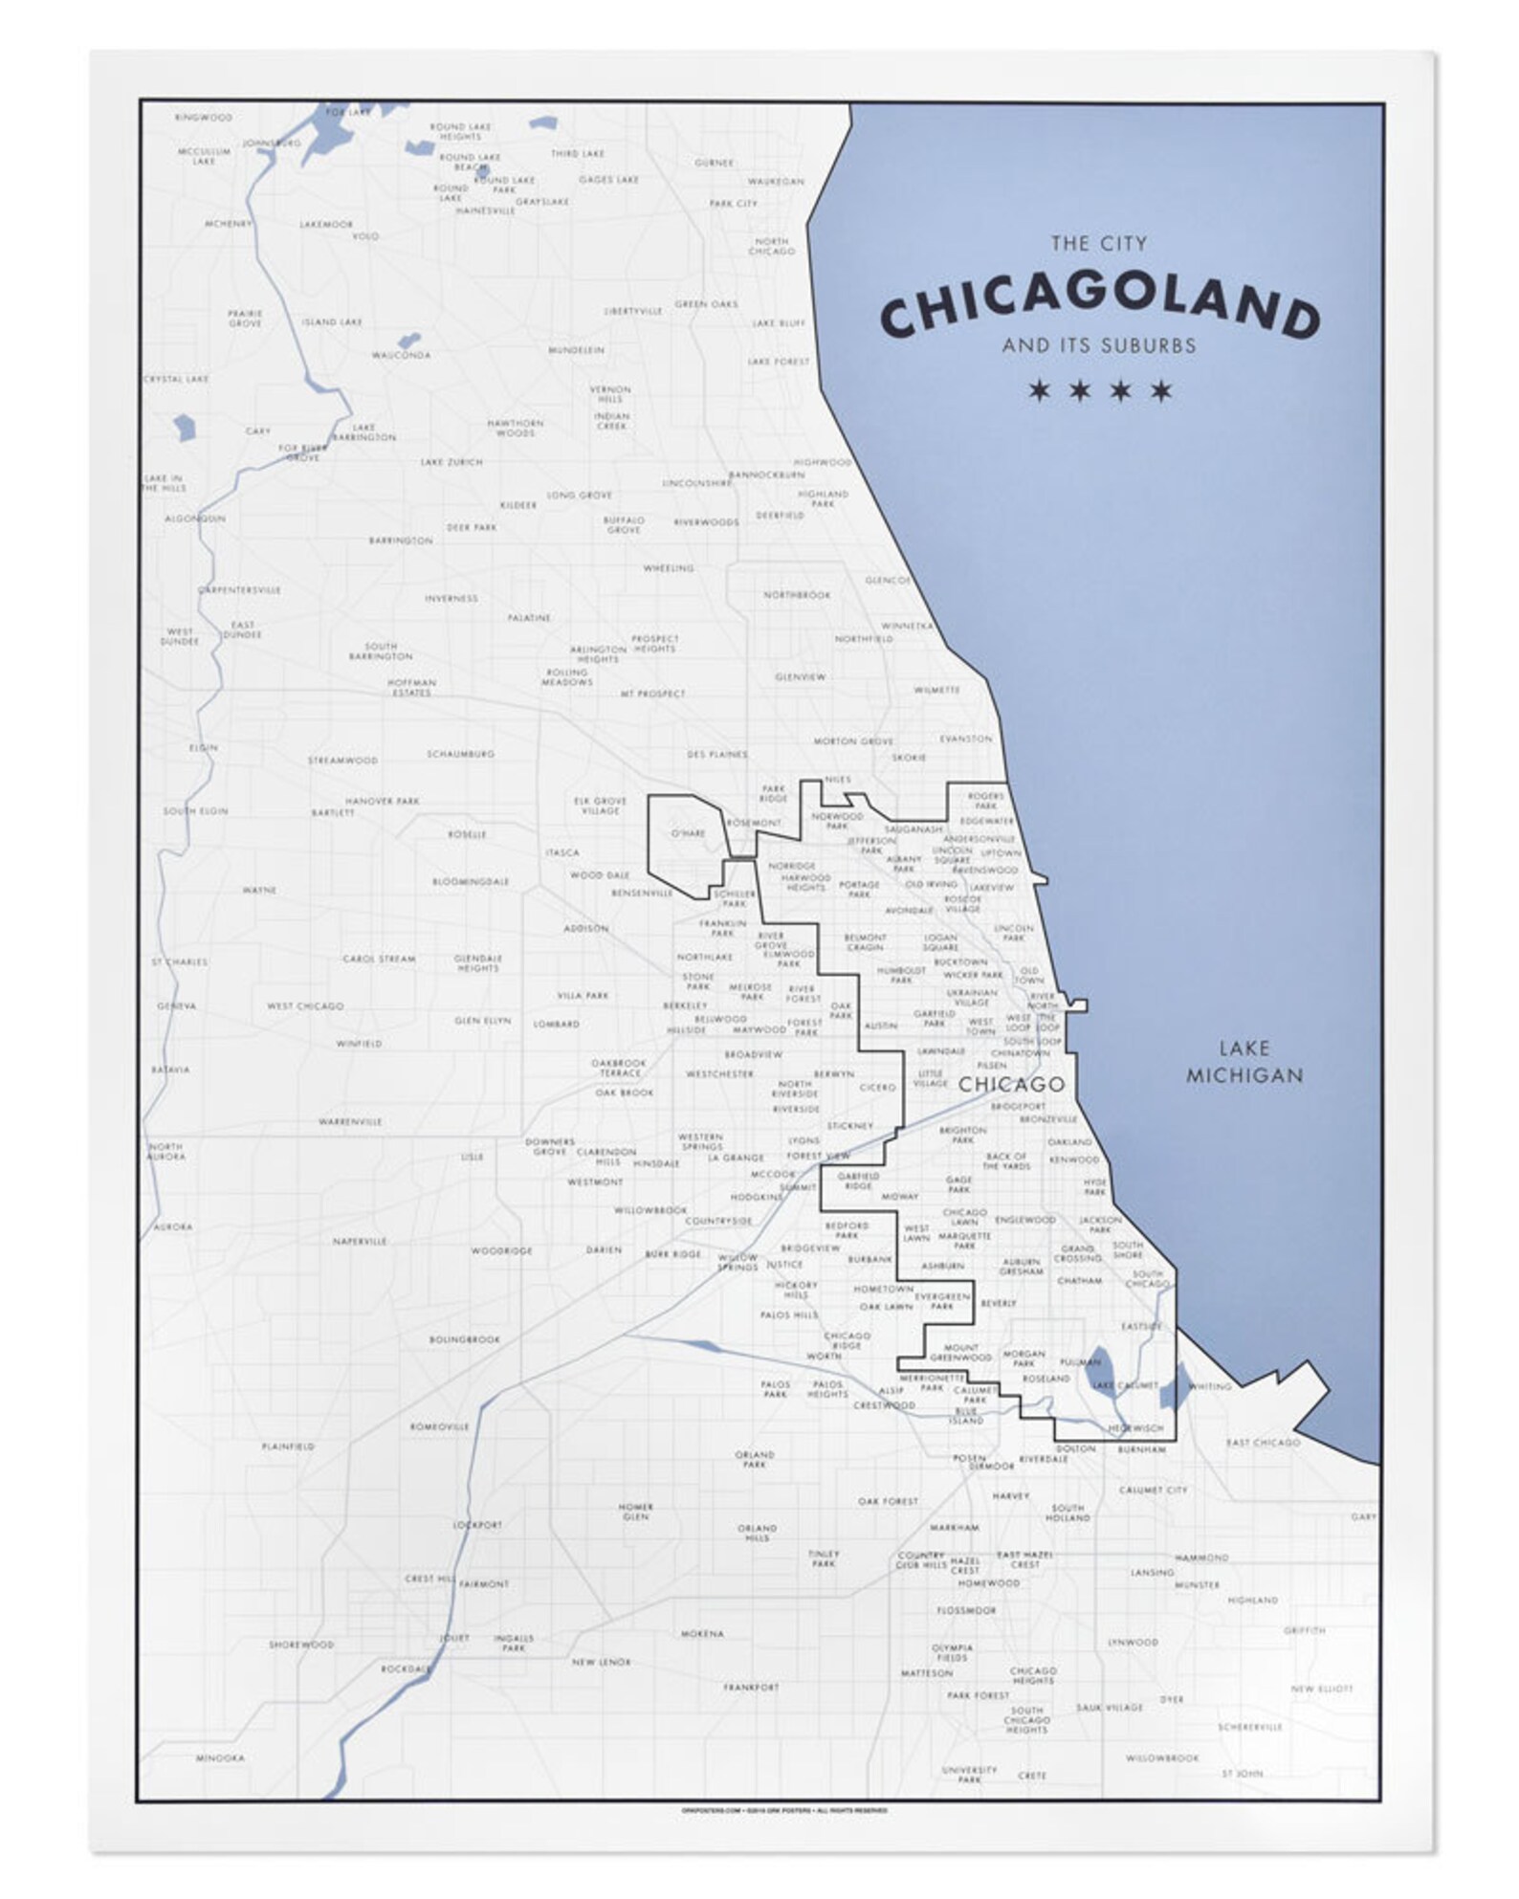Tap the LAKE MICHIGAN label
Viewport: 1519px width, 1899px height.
tap(1244, 1062)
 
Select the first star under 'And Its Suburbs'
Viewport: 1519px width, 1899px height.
tap(1039, 390)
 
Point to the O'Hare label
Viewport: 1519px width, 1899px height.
tap(688, 833)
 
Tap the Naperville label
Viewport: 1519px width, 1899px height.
tap(360, 1242)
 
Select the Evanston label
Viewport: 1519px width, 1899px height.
tap(965, 740)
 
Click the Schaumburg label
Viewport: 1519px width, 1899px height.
tap(460, 754)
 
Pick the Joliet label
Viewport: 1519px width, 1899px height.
tap(454, 1638)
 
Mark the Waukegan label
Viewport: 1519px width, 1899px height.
tap(776, 182)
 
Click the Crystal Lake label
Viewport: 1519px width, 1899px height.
tap(176, 380)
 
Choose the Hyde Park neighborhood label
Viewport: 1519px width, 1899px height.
tap(1095, 1187)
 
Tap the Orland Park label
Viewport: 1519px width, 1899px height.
tap(755, 1460)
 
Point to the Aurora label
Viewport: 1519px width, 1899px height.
tap(174, 1226)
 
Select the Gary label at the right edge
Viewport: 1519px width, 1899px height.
tap(1363, 1517)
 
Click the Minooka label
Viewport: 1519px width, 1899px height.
tap(220, 1758)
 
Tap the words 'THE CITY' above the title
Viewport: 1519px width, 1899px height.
tap(1098, 244)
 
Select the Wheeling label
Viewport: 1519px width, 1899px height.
tap(668, 568)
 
